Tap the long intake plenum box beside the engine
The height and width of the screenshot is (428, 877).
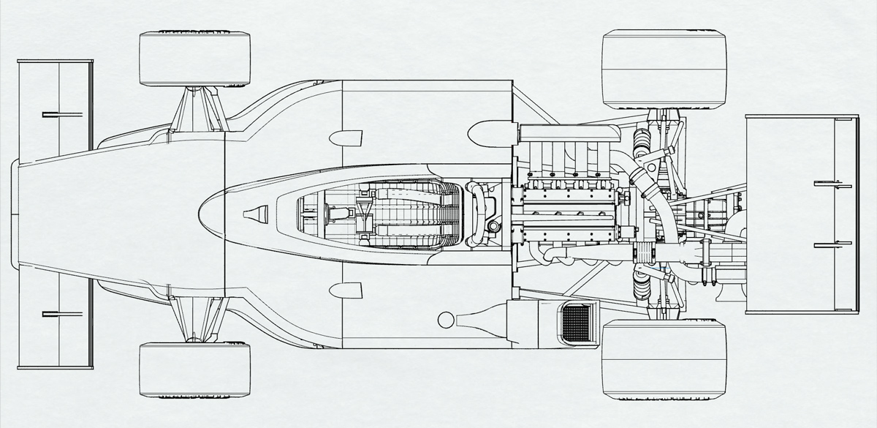coord(567,132)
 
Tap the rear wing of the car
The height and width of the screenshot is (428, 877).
coord(801,214)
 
